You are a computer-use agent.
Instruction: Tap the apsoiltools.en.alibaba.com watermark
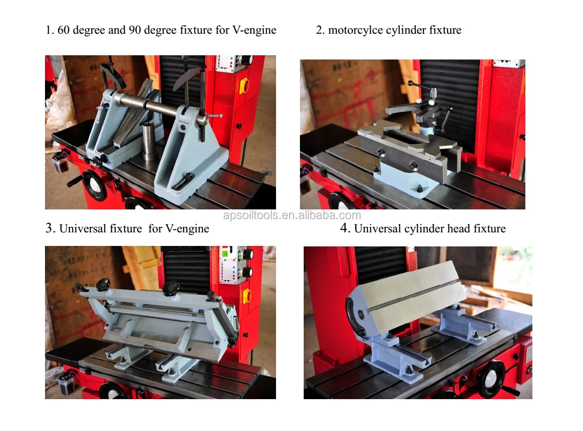click(x=292, y=215)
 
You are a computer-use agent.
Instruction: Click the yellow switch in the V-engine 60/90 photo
click(x=244, y=86)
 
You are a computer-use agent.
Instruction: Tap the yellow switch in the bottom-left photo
click(x=247, y=296)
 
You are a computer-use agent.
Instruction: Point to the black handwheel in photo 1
click(x=95, y=186)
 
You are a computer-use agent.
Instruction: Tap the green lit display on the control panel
click(x=225, y=253)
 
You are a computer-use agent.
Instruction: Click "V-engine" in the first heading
click(x=254, y=30)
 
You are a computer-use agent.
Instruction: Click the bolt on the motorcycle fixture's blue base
click(x=420, y=188)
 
